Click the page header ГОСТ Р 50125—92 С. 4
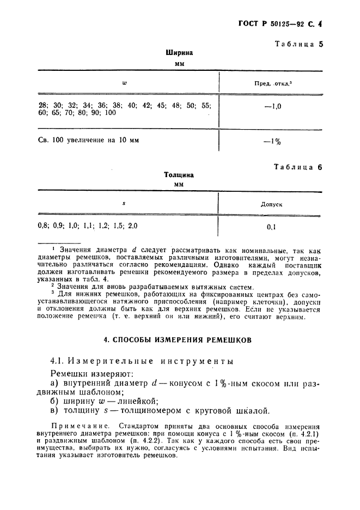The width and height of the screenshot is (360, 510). (280, 24)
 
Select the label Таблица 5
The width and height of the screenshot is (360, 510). (299, 44)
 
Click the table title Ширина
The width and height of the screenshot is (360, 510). (179, 53)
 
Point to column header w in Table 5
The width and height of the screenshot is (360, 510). (124, 83)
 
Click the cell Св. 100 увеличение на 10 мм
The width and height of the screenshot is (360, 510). (89, 140)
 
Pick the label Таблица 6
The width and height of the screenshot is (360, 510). (299, 167)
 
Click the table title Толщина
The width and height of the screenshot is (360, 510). (179, 175)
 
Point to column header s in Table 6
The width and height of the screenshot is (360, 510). (124, 203)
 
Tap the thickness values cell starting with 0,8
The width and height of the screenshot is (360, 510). (87, 224)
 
